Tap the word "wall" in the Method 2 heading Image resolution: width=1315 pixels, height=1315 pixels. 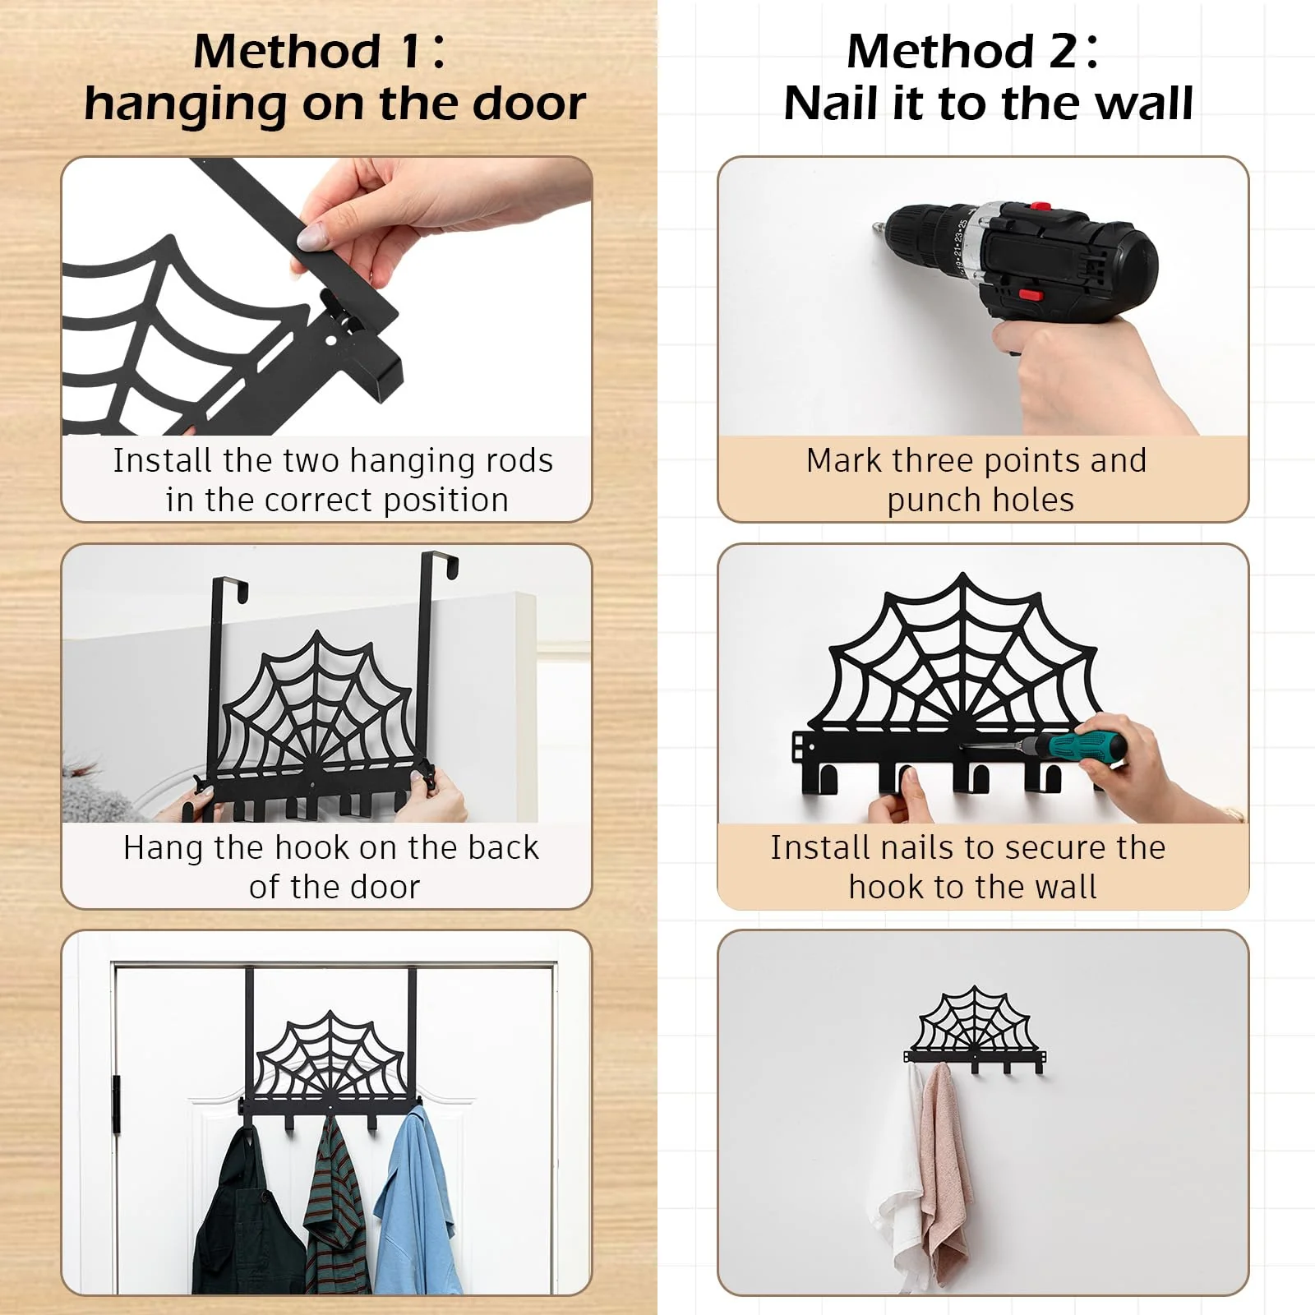pos(1144,104)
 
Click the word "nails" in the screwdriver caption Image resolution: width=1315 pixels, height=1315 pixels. pos(922,847)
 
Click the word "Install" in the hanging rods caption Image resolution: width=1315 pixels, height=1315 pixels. pos(163,460)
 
